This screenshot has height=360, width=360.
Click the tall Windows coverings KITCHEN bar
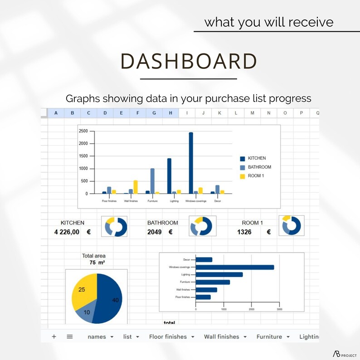pos(191,163)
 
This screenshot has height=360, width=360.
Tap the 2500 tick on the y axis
pos(83,131)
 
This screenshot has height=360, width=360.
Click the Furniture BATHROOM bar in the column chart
pos(152,181)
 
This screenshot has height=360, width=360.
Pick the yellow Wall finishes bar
pos(135,187)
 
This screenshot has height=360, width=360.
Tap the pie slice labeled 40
pos(111,299)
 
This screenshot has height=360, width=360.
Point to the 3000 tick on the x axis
pos(279,309)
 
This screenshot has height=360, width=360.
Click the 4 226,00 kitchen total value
pos(67,232)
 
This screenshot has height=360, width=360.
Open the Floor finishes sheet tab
pos(168,336)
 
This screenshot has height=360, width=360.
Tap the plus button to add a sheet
pos(54,336)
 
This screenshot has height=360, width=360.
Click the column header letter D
pos(105,113)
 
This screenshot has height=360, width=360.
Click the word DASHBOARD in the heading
pos(188,61)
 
